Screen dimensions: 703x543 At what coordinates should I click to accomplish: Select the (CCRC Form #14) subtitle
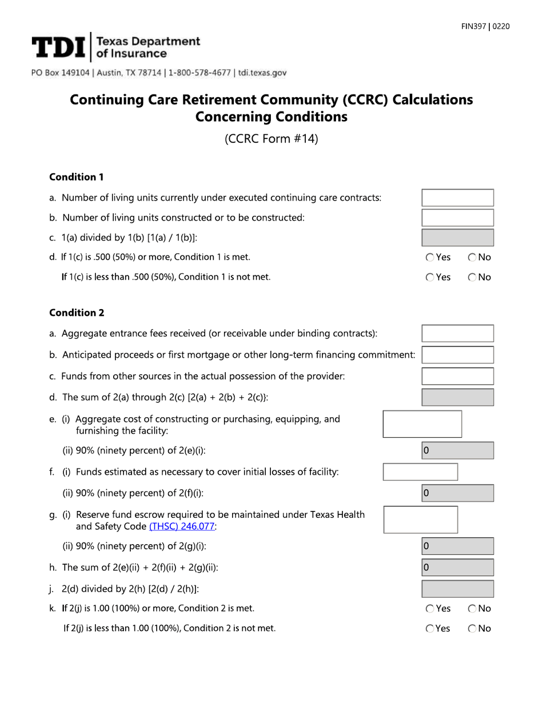[x=271, y=139]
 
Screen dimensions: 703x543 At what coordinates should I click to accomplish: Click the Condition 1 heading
[x=76, y=177]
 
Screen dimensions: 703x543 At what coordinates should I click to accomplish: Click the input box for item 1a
[x=457, y=198]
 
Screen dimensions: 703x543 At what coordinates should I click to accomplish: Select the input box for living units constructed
[x=457, y=218]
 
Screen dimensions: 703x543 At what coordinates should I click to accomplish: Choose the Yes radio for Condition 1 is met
[x=430, y=258]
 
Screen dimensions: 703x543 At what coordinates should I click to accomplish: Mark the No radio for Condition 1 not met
[x=472, y=278]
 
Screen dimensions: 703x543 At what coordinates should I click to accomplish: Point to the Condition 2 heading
[x=77, y=313]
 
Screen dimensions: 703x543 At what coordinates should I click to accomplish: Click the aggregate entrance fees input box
[x=457, y=333]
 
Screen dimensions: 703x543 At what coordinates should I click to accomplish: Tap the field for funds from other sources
[x=457, y=376]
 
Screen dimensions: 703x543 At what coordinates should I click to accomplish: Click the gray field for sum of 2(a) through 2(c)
[x=457, y=397]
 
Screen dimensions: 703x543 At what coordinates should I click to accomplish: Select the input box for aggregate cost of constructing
[x=422, y=424]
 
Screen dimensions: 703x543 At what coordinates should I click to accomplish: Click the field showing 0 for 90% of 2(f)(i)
[x=457, y=493]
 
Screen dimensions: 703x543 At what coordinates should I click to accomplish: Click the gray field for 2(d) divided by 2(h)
[x=457, y=589]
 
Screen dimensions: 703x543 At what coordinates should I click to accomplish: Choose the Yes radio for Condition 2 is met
[x=430, y=609]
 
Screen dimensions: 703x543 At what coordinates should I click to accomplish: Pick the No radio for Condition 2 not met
[x=472, y=629]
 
